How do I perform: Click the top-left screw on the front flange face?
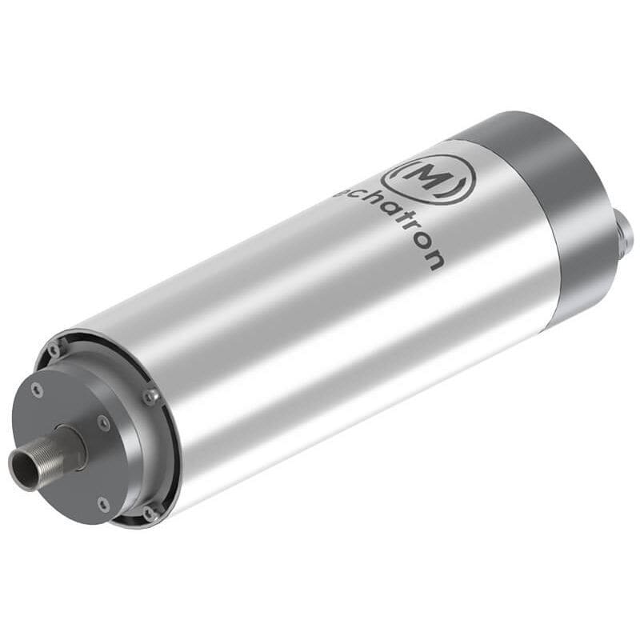coord(37,389)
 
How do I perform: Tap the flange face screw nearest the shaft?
coord(103,422)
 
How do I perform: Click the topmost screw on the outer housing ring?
coord(54,350)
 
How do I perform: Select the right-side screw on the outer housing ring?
coord(151,396)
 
